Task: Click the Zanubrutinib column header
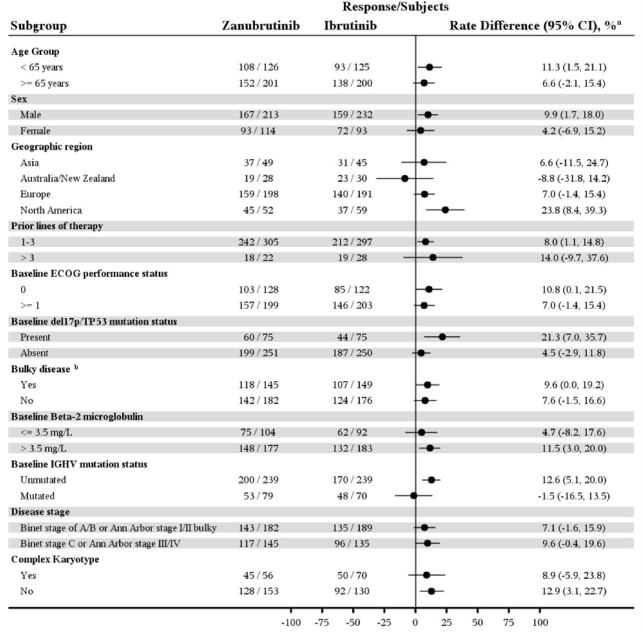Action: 261,26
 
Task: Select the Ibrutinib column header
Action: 350,26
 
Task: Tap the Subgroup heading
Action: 39,26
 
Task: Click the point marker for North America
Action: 445,210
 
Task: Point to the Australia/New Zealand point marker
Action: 404,179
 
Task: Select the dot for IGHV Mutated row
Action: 414,496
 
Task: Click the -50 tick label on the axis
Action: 353,622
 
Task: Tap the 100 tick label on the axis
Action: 540,622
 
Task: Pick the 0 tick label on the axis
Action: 415,622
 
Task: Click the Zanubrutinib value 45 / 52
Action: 258,210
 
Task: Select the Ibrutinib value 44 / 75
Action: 352,337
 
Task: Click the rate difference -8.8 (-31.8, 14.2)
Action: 574,179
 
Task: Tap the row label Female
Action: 35,131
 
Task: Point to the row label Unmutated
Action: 43,480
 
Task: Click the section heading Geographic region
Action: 52,147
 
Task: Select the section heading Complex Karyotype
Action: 55,559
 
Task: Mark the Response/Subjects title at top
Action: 395,7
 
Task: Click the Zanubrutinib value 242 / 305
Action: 258,242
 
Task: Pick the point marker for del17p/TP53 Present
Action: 442,337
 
